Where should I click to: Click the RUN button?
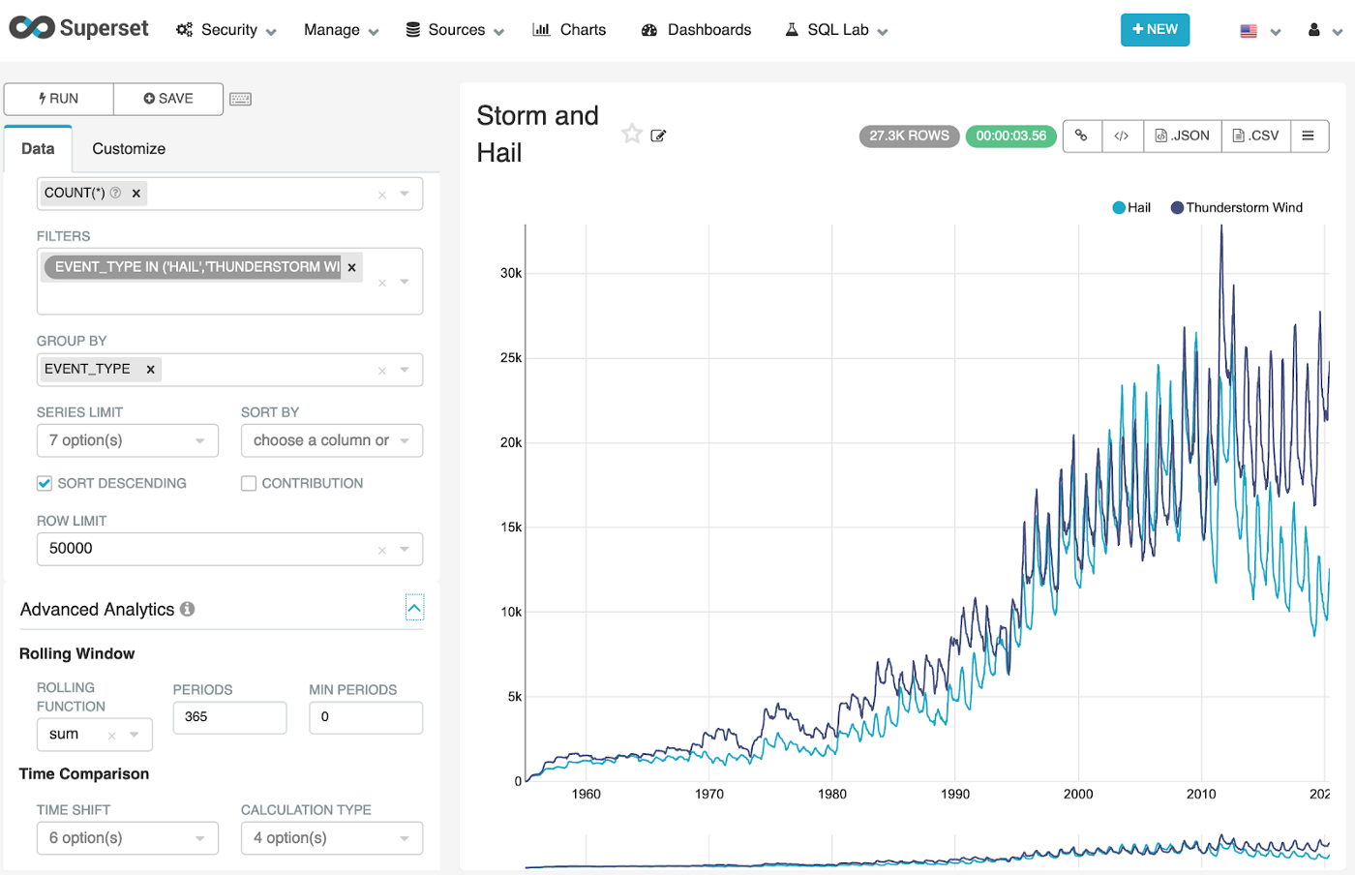[x=59, y=99]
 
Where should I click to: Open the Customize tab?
[x=129, y=149]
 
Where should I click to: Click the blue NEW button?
[x=1155, y=30]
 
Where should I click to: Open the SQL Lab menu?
[x=837, y=30]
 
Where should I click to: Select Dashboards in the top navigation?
[x=696, y=30]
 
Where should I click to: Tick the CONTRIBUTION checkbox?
[x=249, y=483]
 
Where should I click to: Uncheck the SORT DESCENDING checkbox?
[x=45, y=483]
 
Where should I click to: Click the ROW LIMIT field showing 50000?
[x=208, y=549]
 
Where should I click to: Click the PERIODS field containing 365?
[x=229, y=717]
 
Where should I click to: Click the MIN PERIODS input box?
[x=365, y=717]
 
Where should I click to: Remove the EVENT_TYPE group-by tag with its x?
[x=150, y=369]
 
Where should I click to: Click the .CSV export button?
[x=1255, y=136]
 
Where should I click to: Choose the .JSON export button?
[x=1182, y=136]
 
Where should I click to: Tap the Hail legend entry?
[x=1131, y=208]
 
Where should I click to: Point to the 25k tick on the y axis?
[x=511, y=358]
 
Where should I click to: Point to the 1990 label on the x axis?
[x=955, y=794]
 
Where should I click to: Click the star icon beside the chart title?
[x=632, y=134]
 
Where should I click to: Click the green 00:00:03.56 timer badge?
[x=1010, y=136]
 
